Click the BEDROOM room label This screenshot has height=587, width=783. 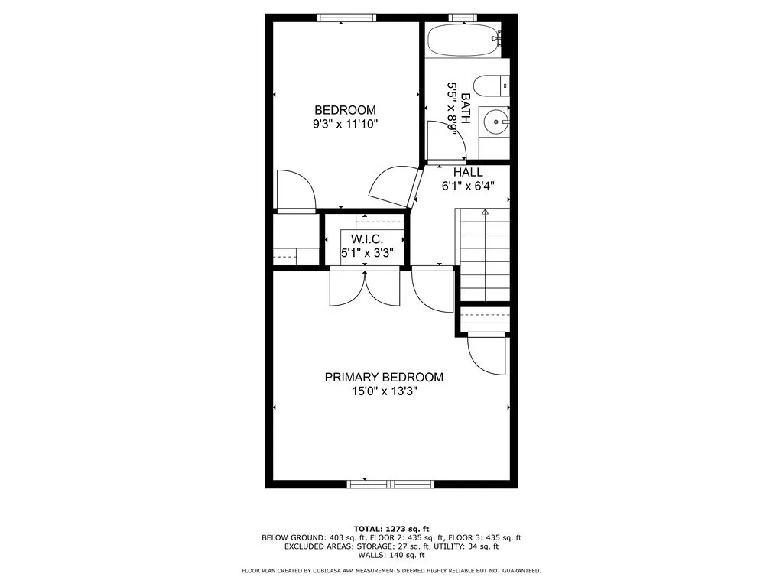345,110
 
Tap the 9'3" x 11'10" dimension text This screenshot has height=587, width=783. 344,123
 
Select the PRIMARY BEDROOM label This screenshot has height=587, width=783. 384,378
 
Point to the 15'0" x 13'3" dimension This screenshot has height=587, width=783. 384,391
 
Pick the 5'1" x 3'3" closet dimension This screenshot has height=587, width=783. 366,253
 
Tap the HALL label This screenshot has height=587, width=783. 468,173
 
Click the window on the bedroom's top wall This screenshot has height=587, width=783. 346,18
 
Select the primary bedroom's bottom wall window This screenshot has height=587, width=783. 391,484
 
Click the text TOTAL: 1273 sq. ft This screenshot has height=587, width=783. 391,528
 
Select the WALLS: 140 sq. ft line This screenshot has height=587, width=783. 391,556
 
